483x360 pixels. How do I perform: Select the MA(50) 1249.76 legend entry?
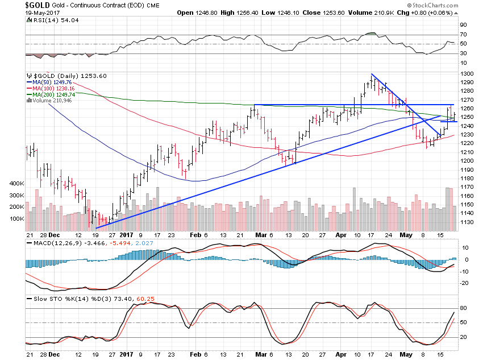[49, 82]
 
